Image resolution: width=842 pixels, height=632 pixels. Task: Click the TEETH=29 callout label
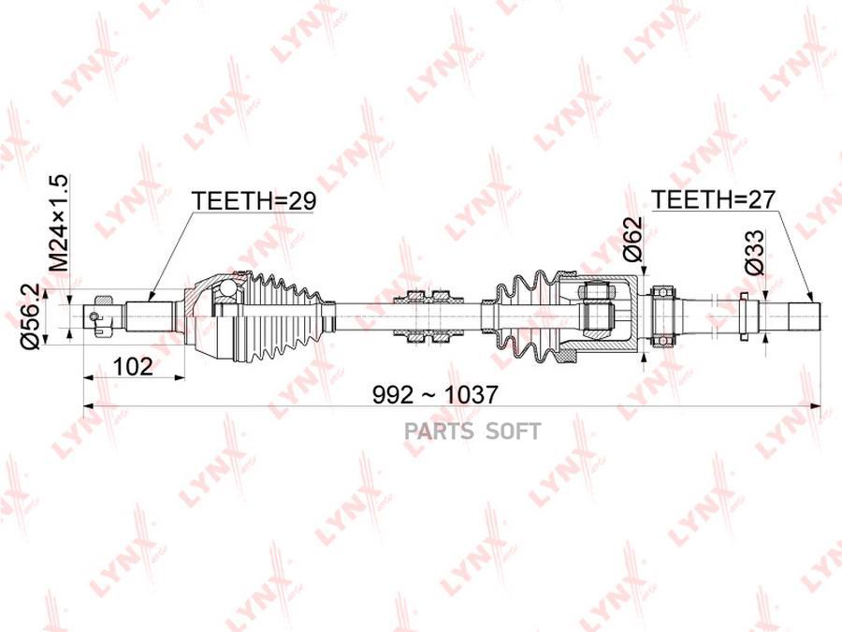point(254,201)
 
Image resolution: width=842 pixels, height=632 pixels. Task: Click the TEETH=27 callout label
point(713,199)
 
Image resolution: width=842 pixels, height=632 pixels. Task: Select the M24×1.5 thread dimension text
point(59,223)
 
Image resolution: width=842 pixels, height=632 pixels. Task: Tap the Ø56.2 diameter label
point(30,317)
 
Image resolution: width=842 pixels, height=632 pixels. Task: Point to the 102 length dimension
point(133,366)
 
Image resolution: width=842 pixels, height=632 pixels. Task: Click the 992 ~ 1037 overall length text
point(435,395)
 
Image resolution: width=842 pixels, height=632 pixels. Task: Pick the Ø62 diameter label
point(632,239)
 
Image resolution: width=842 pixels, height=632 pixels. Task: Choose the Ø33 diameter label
point(754,253)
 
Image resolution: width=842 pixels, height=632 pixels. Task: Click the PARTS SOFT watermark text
point(472,431)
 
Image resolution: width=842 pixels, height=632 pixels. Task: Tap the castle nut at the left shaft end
point(101,316)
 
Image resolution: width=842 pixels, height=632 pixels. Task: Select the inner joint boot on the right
point(525,316)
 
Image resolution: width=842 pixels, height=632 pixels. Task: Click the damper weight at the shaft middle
point(428,316)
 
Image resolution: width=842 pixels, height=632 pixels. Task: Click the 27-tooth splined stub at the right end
point(804,316)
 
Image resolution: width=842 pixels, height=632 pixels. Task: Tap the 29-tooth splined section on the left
point(150,316)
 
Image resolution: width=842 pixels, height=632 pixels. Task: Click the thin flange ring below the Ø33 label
point(744,316)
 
